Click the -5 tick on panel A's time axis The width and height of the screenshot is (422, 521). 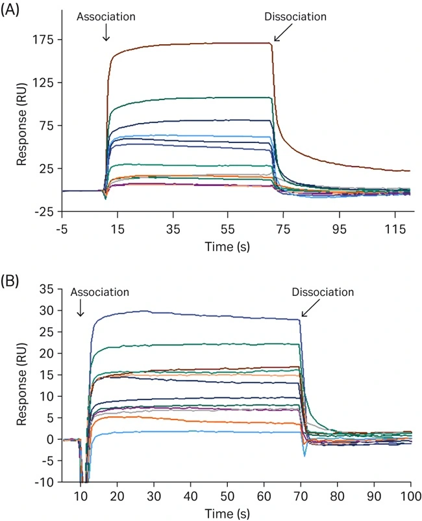tap(62, 228)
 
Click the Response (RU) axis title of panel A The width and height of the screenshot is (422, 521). tap(21, 126)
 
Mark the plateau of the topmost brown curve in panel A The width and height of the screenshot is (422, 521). tap(195, 44)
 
